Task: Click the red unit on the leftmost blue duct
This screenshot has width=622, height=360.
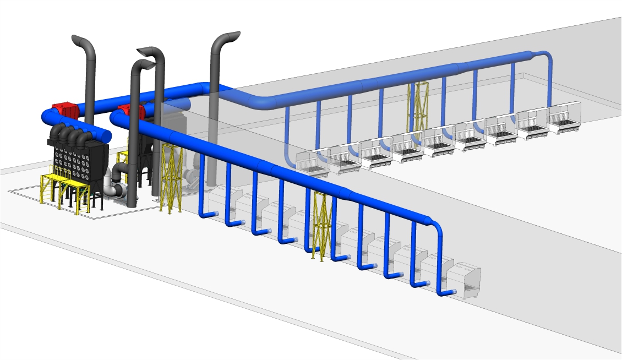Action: pos(64,109)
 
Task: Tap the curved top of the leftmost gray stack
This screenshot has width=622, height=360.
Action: pos(83,42)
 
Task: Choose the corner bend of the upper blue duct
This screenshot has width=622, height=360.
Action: pos(259,102)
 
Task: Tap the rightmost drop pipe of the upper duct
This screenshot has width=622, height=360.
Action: pos(549,83)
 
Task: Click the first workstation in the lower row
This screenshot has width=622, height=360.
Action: pos(222,198)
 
